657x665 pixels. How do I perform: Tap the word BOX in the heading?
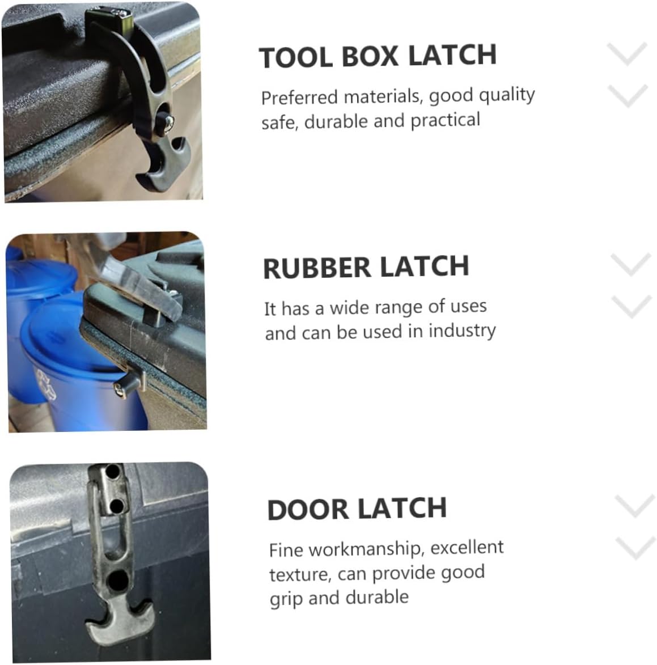click(x=370, y=56)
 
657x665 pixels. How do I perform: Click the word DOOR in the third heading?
click(x=308, y=509)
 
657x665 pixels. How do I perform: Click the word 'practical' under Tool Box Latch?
click(x=446, y=121)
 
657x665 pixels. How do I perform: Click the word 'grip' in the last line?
click(x=286, y=599)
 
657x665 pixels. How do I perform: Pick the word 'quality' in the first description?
click(x=507, y=95)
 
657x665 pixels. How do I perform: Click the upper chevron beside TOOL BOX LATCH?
click(x=627, y=54)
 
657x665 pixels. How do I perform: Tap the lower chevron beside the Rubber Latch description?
click(x=631, y=306)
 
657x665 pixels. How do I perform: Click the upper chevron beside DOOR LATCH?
click(x=635, y=506)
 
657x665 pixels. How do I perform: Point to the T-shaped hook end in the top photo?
click(x=162, y=166)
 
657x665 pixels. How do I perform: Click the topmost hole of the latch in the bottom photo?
click(x=113, y=471)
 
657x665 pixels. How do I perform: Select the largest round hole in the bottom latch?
click(x=117, y=581)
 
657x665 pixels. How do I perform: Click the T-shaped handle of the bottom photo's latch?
click(x=119, y=621)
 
